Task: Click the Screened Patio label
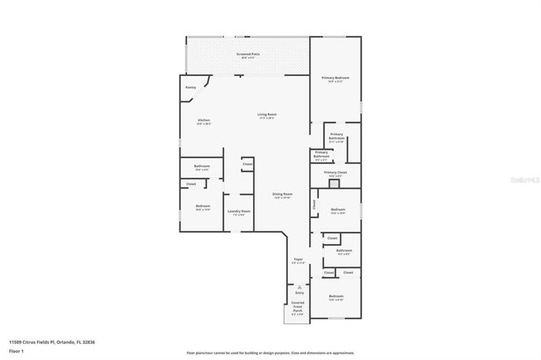point(247,55)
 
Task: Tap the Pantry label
point(190,87)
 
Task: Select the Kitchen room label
point(203,121)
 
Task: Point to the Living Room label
point(266,115)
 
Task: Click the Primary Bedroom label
point(335,78)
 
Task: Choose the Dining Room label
point(282,195)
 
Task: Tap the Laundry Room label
point(239,212)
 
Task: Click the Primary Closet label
point(335,173)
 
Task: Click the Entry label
point(299,292)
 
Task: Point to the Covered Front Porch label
point(298,308)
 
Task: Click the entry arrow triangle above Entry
point(299,286)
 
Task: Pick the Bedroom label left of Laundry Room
point(203,206)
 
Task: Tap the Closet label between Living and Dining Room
point(247,164)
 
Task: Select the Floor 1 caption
point(17,352)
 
